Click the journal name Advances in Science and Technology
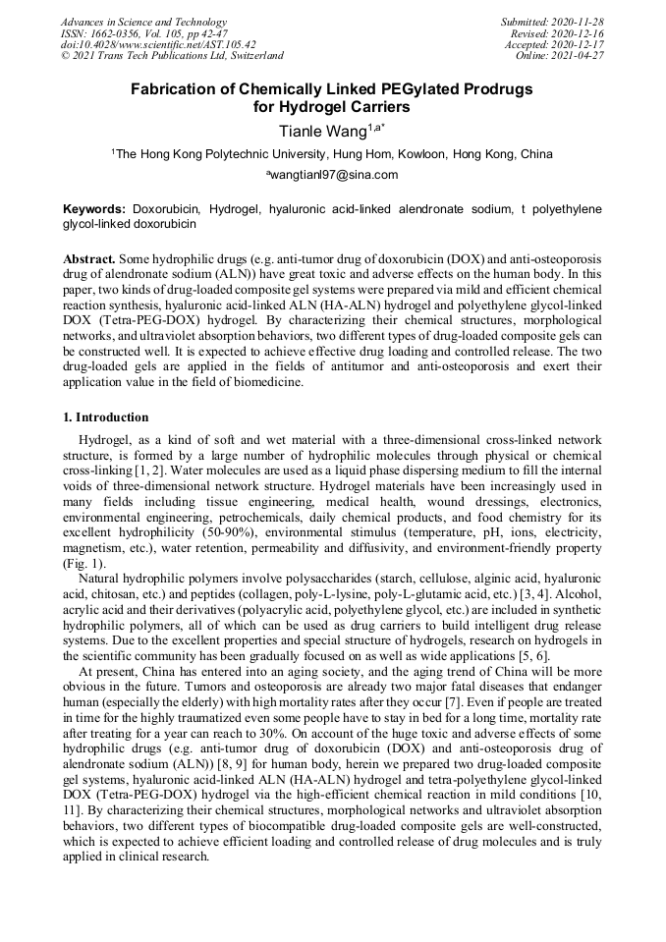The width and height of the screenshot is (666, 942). (x=143, y=22)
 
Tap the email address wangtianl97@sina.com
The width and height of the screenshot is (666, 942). (x=332, y=175)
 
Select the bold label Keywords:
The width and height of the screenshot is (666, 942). (x=94, y=209)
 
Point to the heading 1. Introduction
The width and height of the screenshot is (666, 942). (x=106, y=417)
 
